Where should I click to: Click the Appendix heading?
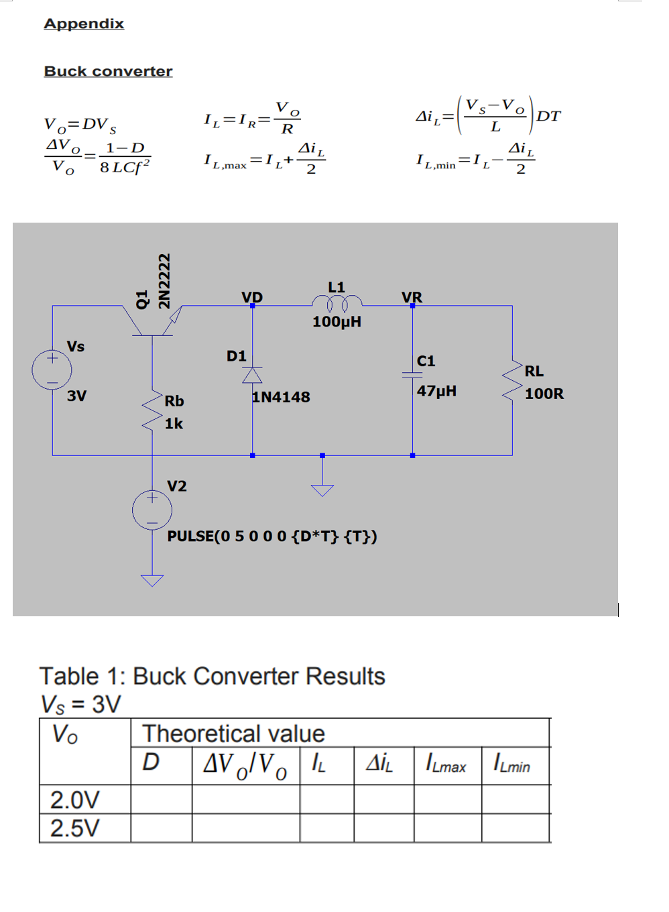click(84, 24)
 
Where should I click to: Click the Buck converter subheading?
click(108, 71)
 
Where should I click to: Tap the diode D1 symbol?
click(252, 376)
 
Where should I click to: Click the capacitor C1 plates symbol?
click(412, 375)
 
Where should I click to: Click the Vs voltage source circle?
click(52, 369)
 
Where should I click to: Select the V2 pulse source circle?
click(152, 510)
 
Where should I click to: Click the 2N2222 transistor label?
click(164, 280)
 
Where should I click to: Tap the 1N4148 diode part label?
click(281, 397)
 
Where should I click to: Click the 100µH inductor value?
click(337, 322)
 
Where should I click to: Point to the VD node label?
click(252, 297)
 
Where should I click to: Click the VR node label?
click(412, 297)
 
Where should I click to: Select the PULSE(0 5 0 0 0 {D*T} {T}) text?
click(271, 536)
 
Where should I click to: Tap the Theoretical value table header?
click(233, 734)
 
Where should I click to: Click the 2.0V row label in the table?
click(74, 799)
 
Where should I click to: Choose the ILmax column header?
click(446, 764)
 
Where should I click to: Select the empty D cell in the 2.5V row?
click(161, 828)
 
